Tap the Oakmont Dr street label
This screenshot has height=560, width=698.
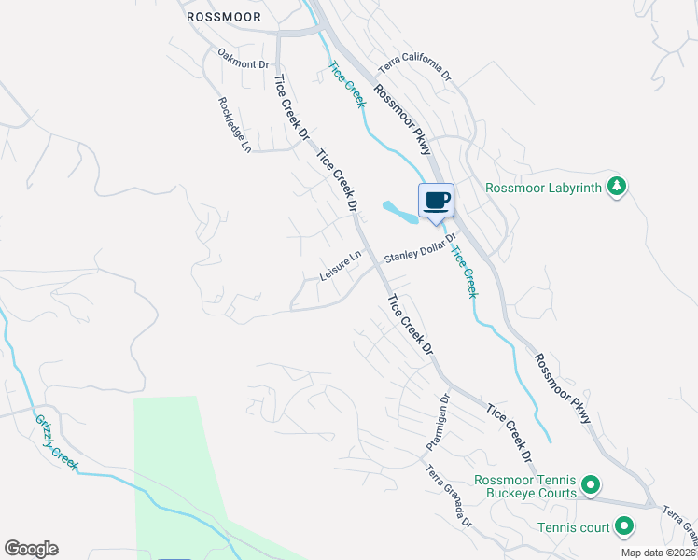(x=243, y=58)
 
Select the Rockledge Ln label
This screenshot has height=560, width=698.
(x=234, y=125)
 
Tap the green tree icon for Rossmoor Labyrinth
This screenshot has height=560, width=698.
(x=616, y=187)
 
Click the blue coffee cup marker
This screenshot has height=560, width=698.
(x=436, y=200)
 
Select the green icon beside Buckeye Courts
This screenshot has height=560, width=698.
(x=590, y=484)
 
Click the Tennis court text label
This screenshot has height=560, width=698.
(x=573, y=527)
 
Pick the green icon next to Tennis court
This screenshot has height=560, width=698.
(x=623, y=527)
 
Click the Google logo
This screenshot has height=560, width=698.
(x=31, y=549)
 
